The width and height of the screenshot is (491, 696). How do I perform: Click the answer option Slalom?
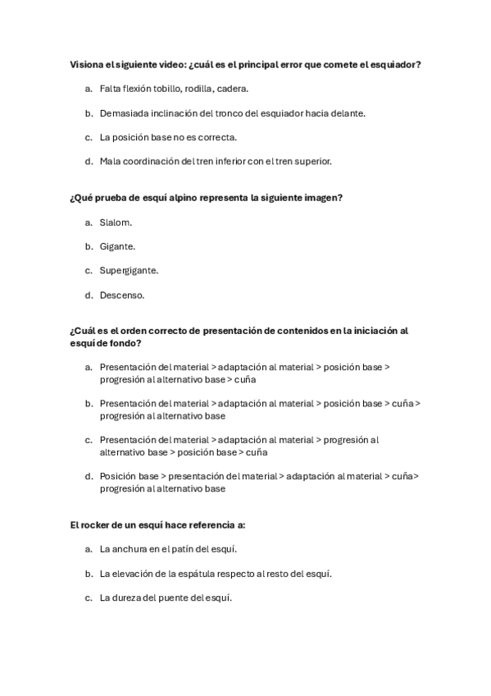pos(116,222)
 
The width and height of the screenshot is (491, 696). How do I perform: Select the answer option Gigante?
pos(117,246)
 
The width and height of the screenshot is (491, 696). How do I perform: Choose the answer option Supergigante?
pos(129,270)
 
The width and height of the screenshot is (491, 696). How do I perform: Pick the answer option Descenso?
pos(121,295)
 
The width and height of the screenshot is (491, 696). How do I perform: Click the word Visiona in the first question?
pos(86,64)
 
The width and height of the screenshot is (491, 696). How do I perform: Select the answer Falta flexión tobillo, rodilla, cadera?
pos(174,89)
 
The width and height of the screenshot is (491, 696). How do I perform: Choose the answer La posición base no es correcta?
pos(168,137)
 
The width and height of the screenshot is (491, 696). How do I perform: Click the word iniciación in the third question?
pos(372,331)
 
